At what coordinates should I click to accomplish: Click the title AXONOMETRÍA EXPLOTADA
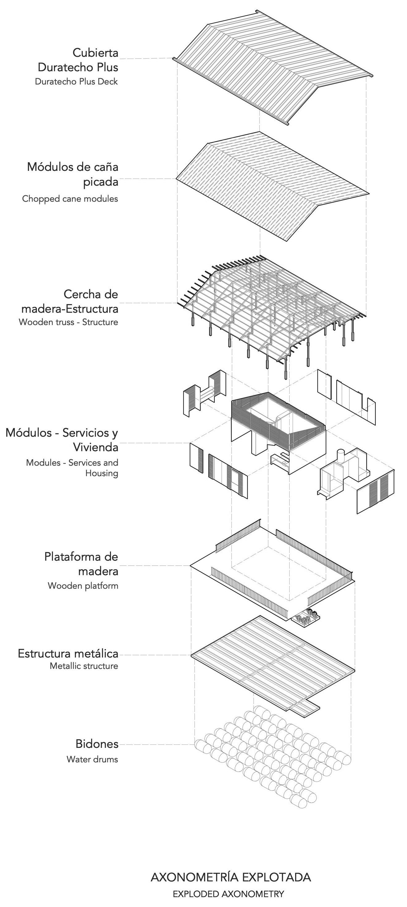231,877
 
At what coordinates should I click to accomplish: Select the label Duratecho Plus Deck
76,82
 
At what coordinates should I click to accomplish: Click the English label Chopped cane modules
70,199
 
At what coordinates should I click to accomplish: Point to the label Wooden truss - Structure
68,322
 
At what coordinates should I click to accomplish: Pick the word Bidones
97,744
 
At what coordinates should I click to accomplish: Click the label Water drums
92,759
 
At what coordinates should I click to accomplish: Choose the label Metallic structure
83,666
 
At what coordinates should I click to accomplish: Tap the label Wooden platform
83,586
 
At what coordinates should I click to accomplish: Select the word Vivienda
95,447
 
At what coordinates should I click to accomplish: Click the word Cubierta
95,53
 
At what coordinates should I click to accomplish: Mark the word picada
100,182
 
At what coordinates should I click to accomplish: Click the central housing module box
279,430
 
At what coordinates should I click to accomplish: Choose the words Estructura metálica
68,653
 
